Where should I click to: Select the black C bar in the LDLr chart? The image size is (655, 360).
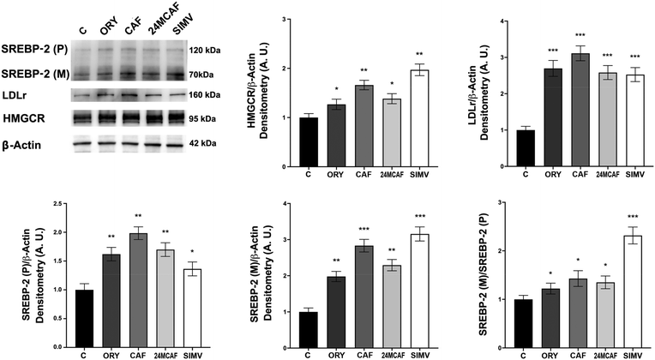point(526,148)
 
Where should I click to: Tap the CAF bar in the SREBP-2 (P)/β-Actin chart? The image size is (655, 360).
point(138,291)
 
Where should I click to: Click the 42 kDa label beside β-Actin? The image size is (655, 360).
point(202,143)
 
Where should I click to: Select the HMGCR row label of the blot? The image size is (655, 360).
point(24,118)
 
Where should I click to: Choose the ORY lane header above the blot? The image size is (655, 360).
point(110,28)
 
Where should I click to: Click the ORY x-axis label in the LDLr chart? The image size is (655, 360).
point(553,175)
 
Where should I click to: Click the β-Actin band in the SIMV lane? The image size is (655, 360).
point(175,145)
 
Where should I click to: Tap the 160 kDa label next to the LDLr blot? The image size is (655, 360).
point(203,95)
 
